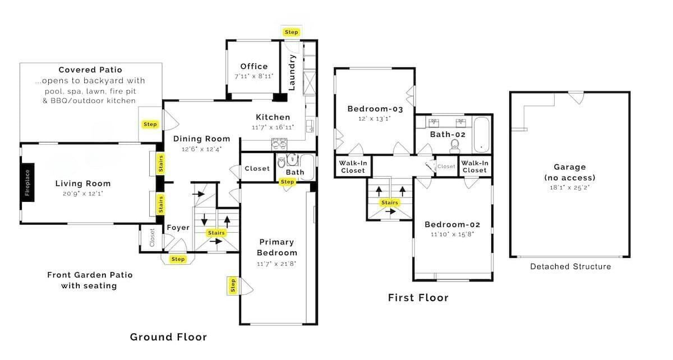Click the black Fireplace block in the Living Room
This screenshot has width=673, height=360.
pos(27,182)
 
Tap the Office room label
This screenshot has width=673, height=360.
pos(254,66)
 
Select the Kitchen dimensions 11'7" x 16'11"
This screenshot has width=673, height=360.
pos(273,127)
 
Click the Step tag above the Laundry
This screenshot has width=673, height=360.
pos(291,32)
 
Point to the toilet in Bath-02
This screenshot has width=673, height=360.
pos(455,146)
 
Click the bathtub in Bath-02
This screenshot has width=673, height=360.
pos(481,135)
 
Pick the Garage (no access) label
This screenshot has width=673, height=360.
pos(570,172)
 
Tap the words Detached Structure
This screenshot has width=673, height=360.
pos(570,266)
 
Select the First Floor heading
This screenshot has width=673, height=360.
pos(418,298)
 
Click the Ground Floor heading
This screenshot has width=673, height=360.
pos(168,337)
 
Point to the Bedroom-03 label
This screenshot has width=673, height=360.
pos(375,109)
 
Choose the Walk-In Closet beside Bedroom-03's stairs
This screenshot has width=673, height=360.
pos(353,167)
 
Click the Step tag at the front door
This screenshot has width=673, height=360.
pos(178,259)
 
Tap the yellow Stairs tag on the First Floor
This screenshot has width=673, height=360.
pos(390,202)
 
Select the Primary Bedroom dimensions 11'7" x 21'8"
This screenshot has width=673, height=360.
pos(276,264)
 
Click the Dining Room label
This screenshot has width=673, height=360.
pos(201,139)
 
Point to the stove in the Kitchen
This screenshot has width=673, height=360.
pos(279,145)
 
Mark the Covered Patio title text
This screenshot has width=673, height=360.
pos(90,70)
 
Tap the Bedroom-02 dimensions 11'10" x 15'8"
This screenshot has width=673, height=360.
pos(452,234)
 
